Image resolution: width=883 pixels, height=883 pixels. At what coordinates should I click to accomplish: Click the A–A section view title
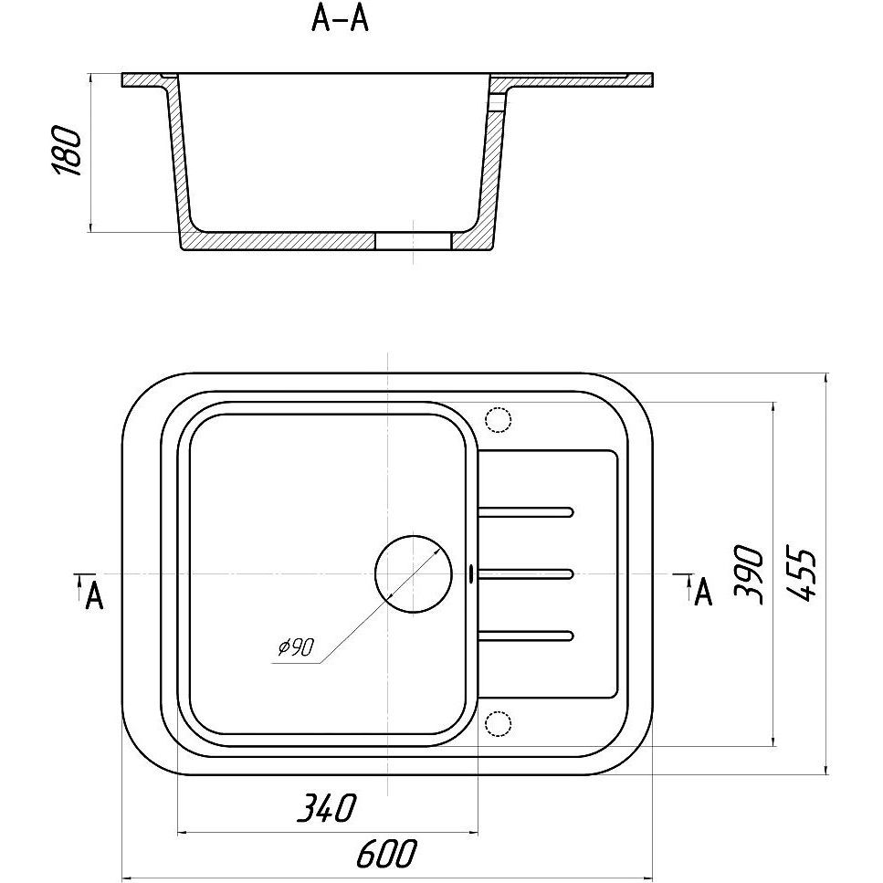[x=340, y=19]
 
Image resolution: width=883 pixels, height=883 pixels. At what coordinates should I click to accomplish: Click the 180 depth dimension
[x=67, y=151]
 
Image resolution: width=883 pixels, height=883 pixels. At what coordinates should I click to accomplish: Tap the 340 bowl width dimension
[x=327, y=808]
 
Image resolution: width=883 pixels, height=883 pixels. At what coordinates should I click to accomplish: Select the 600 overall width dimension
[x=387, y=854]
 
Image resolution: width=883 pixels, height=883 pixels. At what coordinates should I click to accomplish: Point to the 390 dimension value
[x=749, y=573]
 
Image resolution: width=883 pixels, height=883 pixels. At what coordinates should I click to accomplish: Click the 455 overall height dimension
[x=801, y=573]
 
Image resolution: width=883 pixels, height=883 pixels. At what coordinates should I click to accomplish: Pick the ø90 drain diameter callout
[x=296, y=647]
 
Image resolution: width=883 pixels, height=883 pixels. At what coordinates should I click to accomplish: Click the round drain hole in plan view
[x=414, y=574]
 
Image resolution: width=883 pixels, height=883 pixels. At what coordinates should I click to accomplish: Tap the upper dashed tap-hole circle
[x=498, y=419]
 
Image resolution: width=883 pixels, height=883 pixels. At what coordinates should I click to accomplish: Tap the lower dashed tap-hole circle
[x=498, y=723]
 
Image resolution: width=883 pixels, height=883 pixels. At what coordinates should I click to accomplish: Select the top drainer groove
[x=525, y=512]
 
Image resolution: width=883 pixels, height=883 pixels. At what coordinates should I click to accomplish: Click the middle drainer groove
[x=525, y=573]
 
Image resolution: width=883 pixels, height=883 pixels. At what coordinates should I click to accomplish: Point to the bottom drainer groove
[x=525, y=636]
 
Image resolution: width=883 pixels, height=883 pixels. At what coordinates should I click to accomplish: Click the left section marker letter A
[x=95, y=595]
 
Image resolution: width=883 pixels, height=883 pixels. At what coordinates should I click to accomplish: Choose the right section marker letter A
[x=703, y=592]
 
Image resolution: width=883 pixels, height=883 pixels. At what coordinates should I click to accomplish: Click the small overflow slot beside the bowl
[x=471, y=573]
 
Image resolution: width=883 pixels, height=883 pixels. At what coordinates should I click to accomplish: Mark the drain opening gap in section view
[x=414, y=240]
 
